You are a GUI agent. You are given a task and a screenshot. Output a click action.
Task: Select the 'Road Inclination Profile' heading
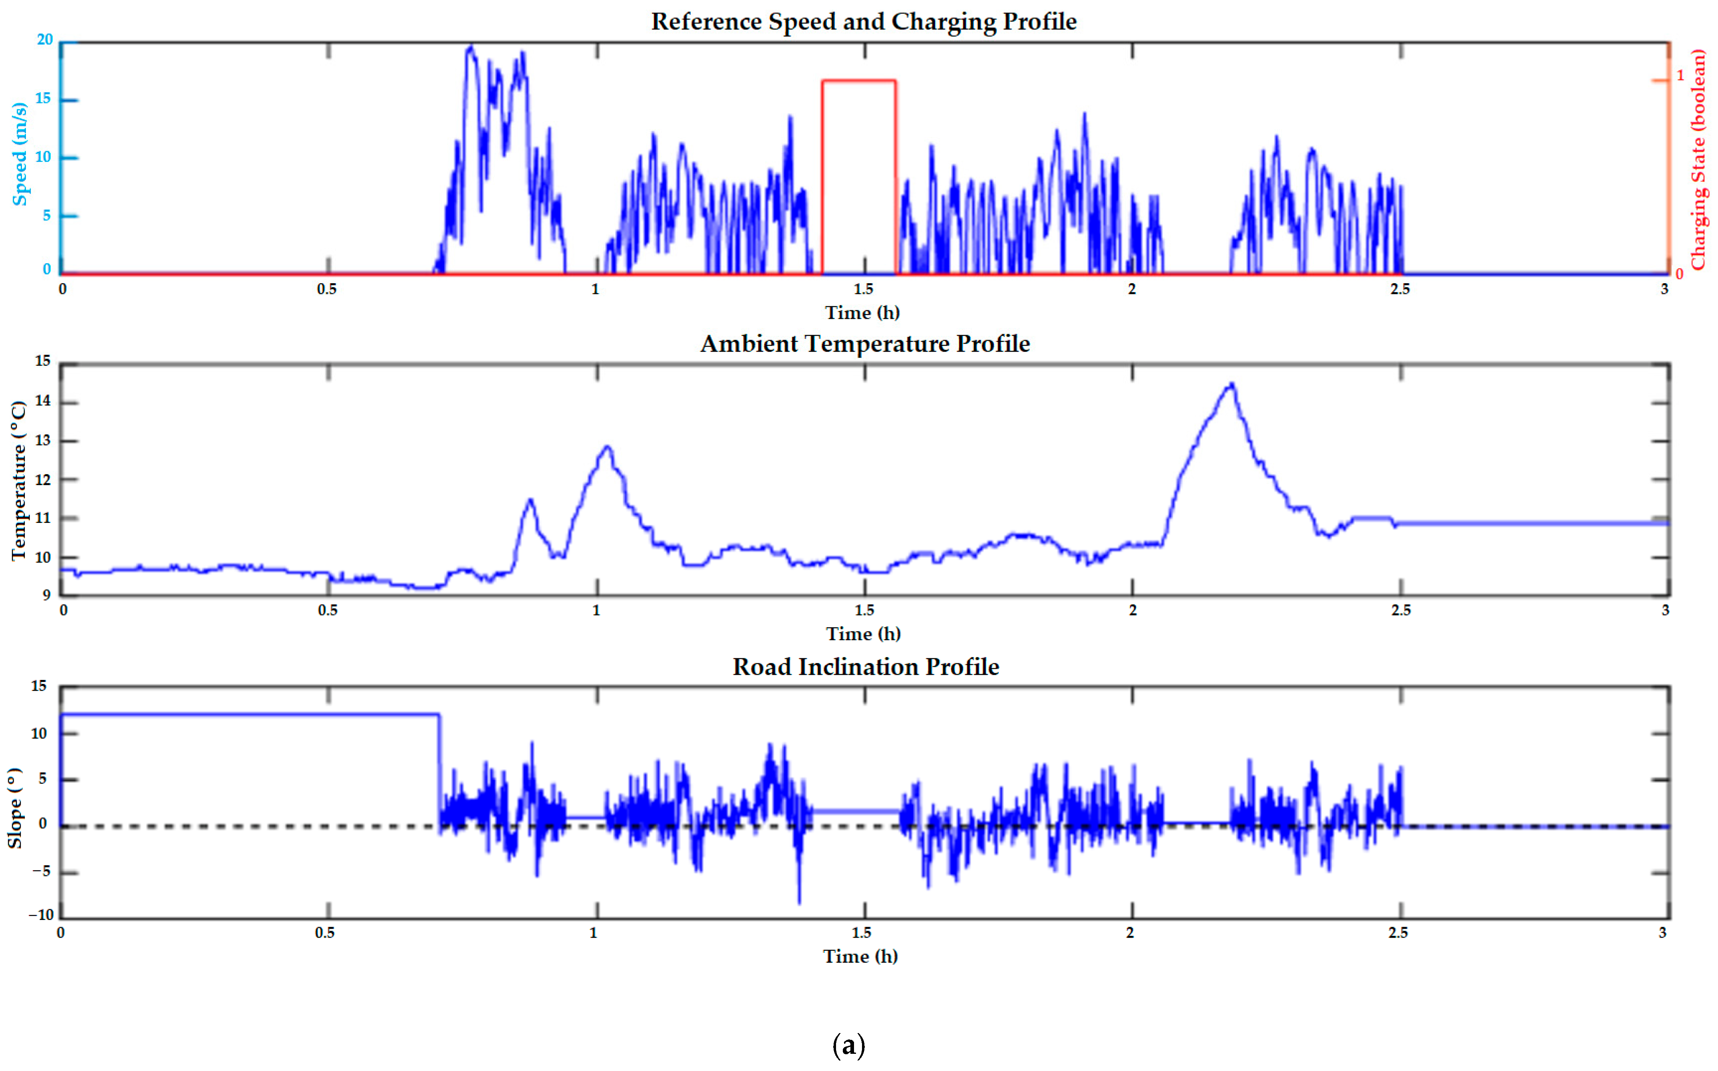pyautogui.click(x=865, y=667)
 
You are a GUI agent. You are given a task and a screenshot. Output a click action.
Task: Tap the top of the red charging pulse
pyautogui.click(x=858, y=81)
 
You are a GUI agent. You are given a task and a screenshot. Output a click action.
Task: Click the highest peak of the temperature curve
pyautogui.click(x=1232, y=385)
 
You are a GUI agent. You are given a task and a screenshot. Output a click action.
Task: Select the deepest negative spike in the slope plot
pyautogui.click(x=800, y=902)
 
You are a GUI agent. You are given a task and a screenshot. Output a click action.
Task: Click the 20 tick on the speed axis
pyautogui.click(x=45, y=40)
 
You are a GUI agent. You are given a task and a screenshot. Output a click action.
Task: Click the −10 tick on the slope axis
pyautogui.click(x=41, y=914)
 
